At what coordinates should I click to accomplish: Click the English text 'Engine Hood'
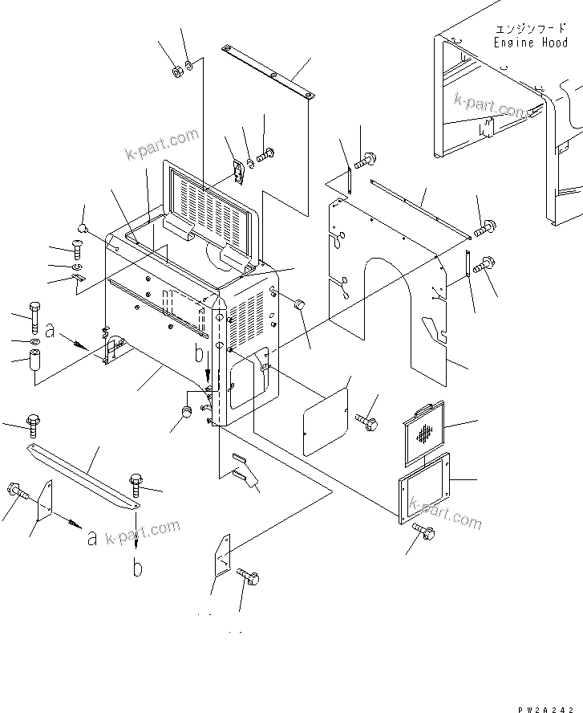(x=531, y=43)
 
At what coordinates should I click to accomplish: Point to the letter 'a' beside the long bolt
(x=50, y=329)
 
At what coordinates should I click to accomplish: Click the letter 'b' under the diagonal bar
(x=138, y=568)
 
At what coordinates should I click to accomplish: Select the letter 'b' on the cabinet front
(x=199, y=352)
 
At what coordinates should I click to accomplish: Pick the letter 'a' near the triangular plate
(x=92, y=537)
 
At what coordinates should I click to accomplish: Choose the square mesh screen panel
(x=426, y=434)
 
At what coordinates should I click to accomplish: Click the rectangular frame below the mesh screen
(x=424, y=487)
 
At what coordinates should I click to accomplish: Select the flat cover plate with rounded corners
(x=326, y=421)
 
